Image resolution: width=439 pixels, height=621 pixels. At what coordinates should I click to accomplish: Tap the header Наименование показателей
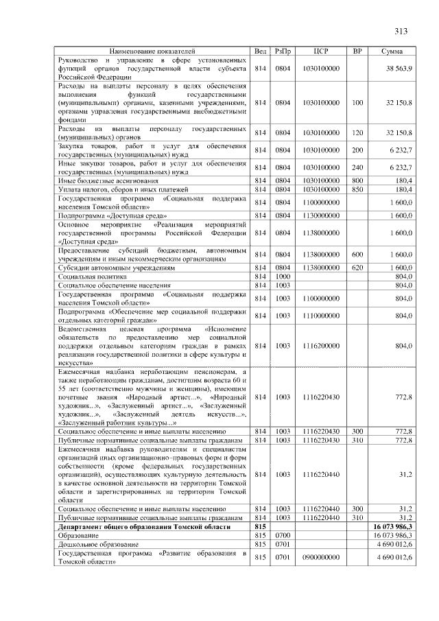click(152, 51)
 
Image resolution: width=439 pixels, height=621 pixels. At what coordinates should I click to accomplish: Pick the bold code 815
click(259, 526)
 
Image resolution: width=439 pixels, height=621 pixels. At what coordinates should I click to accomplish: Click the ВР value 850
click(357, 189)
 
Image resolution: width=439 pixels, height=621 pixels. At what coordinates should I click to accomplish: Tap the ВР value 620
click(357, 268)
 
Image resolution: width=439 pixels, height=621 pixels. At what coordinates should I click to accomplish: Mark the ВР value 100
click(357, 102)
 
